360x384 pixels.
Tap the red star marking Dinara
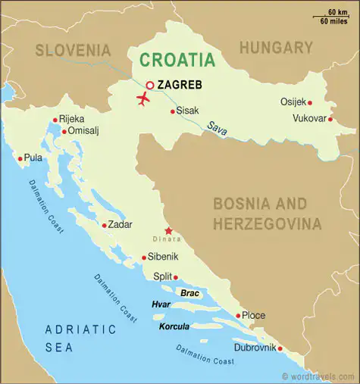click(x=168, y=231)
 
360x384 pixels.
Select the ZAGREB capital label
click(x=180, y=85)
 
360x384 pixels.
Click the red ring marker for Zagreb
click(x=150, y=86)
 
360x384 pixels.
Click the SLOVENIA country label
click(x=73, y=50)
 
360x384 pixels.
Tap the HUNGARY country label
click(x=276, y=48)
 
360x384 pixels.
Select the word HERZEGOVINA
click(x=267, y=224)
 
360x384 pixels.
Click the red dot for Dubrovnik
click(x=280, y=349)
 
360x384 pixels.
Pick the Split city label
click(x=163, y=276)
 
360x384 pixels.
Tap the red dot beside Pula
click(x=20, y=158)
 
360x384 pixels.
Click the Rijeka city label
click(x=73, y=119)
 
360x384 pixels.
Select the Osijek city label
click(x=293, y=101)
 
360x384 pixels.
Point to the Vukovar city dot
click(x=330, y=118)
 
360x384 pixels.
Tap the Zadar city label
click(x=121, y=224)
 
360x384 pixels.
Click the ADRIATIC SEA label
click(x=80, y=339)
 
